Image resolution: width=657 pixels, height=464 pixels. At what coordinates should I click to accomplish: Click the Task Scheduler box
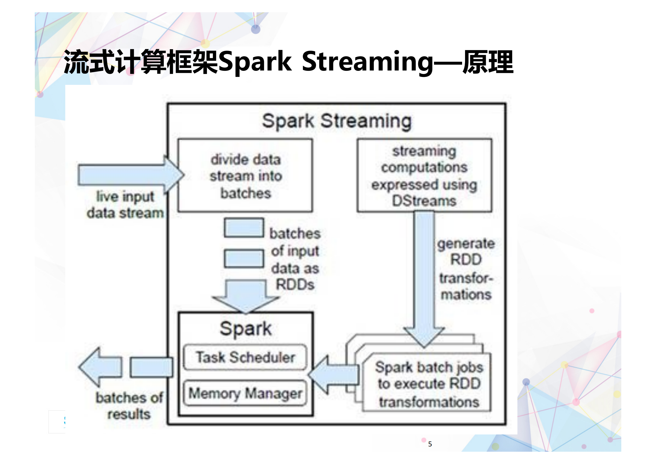(245, 357)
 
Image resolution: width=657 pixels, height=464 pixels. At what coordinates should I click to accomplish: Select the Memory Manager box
(245, 393)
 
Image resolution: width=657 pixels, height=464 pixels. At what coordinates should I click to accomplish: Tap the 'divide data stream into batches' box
(245, 176)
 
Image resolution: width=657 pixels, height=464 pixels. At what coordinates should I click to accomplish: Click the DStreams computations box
(424, 176)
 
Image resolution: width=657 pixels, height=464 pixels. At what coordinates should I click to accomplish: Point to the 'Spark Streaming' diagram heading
(337, 121)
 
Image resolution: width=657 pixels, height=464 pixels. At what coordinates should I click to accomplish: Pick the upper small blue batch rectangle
(244, 228)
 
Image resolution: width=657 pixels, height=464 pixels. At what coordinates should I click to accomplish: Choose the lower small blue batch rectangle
(244, 259)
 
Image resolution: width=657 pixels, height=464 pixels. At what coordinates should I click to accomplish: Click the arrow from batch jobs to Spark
(334, 374)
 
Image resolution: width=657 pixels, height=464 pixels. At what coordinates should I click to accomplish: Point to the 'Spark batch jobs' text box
(429, 384)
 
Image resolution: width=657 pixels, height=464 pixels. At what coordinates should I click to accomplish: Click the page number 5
(430, 444)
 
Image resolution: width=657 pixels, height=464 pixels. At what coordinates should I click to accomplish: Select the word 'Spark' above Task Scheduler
(246, 329)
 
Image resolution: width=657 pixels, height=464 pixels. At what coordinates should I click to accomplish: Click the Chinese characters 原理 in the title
(488, 62)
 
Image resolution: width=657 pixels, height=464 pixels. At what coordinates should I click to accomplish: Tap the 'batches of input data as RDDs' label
(295, 259)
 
